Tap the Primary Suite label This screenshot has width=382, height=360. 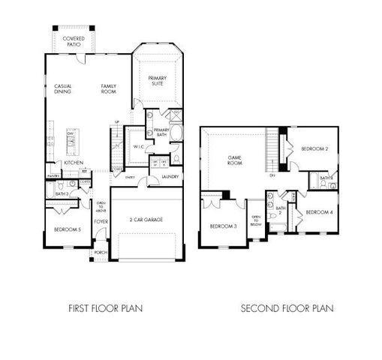click(x=157, y=80)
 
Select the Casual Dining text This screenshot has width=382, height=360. click(x=63, y=90)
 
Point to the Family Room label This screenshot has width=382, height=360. click(x=110, y=90)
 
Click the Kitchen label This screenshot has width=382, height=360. click(x=73, y=162)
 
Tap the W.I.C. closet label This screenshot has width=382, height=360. click(x=139, y=148)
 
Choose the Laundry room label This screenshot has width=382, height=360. click(x=170, y=177)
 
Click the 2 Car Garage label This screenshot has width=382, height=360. click(x=146, y=219)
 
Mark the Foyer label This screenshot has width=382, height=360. click(x=100, y=221)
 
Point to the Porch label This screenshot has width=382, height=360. click(x=100, y=253)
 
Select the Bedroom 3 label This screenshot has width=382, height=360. click(x=224, y=226)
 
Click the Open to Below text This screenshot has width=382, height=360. click(x=256, y=220)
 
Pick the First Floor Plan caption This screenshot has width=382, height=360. click(x=106, y=307)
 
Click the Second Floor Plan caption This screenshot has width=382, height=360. click(x=287, y=307)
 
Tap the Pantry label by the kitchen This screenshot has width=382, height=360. click(x=53, y=175)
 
